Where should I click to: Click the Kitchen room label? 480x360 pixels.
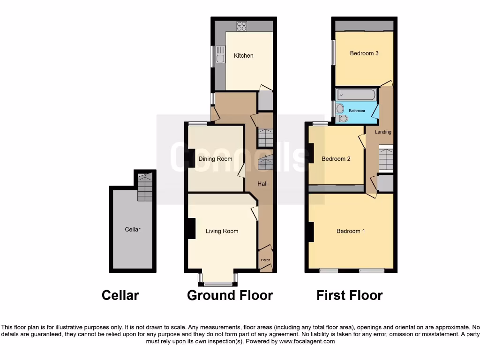(244, 56)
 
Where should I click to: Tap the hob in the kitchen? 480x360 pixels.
(242, 26)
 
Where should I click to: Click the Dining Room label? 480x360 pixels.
(215, 159)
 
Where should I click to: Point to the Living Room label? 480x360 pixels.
(222, 231)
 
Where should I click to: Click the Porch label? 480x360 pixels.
(265, 260)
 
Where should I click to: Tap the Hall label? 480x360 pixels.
(262, 184)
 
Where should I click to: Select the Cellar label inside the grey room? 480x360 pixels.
(133, 229)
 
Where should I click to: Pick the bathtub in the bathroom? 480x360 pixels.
(356, 95)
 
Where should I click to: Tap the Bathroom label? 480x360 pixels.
(357, 111)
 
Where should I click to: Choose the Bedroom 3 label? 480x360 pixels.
(364, 53)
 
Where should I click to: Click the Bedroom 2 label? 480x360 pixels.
(336, 159)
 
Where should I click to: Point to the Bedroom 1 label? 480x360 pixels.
(351, 231)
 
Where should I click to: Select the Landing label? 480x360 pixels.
(383, 132)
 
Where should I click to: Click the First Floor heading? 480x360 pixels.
(349, 295)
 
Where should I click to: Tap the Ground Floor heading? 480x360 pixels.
(230, 295)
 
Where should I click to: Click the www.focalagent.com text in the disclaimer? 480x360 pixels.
(307, 342)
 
